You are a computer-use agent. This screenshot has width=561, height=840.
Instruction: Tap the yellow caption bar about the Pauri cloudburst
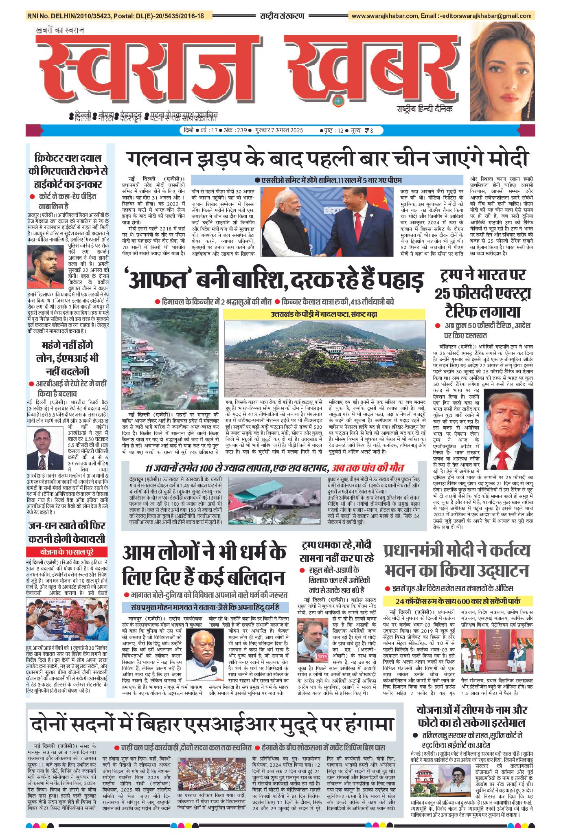[324, 314]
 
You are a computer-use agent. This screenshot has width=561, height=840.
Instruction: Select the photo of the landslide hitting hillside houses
[170, 359]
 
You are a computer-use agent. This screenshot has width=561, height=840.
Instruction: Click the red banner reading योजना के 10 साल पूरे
[67, 552]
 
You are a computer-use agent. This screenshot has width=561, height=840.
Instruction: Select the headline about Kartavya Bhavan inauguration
[457, 560]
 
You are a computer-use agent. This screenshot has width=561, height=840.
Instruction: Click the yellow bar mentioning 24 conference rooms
[458, 601]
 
